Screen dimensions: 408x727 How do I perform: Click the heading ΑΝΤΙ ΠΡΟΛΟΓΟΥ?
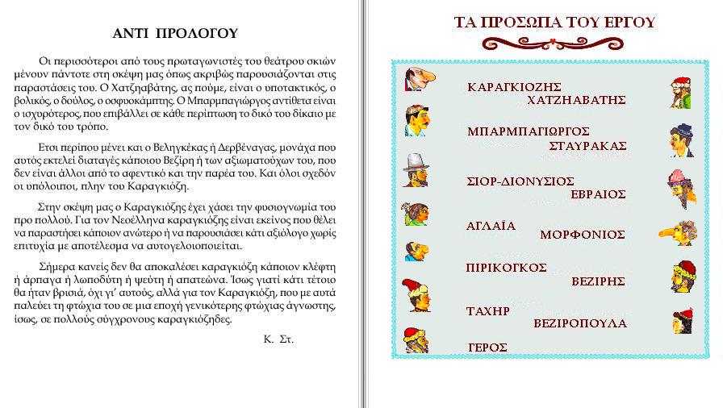(x=175, y=33)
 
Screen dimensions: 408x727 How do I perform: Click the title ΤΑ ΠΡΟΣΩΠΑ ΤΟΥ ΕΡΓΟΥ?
(x=555, y=23)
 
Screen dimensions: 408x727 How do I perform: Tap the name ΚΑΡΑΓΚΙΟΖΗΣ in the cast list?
(x=514, y=86)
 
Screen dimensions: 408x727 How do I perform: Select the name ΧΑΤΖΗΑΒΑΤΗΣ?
(x=576, y=100)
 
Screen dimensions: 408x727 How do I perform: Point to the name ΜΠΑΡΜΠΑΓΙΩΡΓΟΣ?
(x=529, y=131)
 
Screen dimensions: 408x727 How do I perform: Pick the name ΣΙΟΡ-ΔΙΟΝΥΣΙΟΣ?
(x=521, y=181)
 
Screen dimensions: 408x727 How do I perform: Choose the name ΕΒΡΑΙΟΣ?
(x=598, y=194)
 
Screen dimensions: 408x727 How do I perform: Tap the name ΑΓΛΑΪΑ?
(x=491, y=226)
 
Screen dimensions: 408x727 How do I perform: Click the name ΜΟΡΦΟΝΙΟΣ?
(x=583, y=235)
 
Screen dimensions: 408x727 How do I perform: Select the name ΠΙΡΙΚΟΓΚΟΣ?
(x=507, y=267)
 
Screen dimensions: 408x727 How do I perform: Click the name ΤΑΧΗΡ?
(x=488, y=310)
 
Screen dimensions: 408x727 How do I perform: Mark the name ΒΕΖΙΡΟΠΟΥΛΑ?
(x=579, y=323)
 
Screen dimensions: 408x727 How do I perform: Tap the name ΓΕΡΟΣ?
(x=487, y=348)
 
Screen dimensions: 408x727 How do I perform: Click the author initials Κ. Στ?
(x=278, y=339)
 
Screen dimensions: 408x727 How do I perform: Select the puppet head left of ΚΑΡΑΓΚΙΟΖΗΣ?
(x=418, y=79)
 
